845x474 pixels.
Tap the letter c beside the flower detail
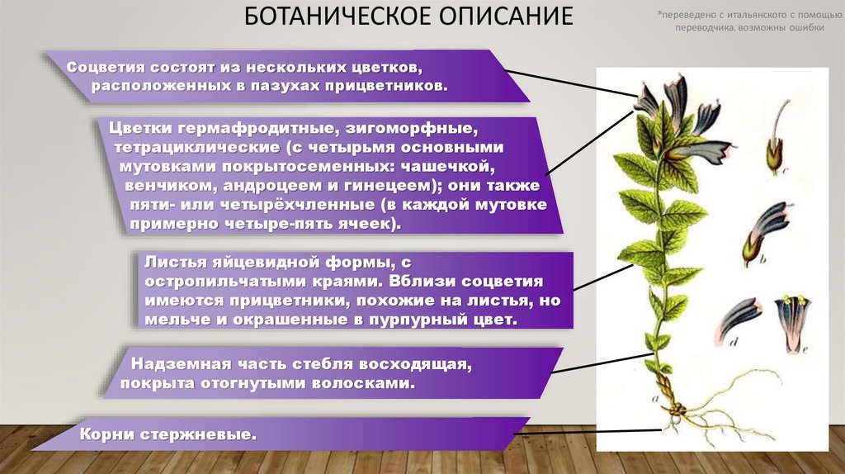click(785, 171)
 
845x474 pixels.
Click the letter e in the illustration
click(803, 348)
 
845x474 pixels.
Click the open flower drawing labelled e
click(794, 318)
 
